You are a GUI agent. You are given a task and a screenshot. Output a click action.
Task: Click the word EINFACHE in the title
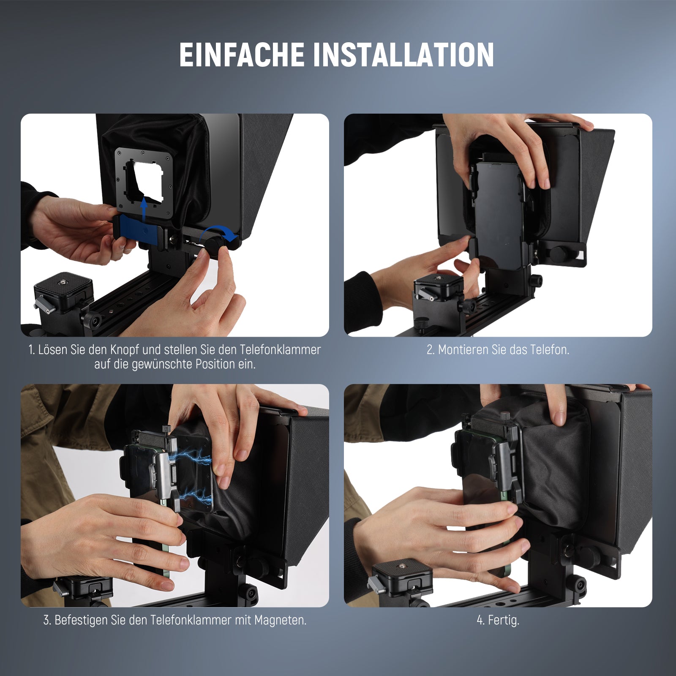[x=242, y=55]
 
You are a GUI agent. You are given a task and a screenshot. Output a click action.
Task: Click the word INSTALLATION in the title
[x=403, y=55]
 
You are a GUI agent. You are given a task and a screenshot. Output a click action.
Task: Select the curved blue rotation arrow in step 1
[x=218, y=232]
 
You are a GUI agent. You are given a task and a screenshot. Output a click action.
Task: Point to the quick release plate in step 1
[x=63, y=286]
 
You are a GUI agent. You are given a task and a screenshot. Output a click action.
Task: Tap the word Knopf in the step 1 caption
[x=125, y=350]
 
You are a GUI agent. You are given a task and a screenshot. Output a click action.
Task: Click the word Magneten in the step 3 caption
[x=280, y=620]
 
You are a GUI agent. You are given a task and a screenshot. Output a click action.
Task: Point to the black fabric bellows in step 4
[x=553, y=465]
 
